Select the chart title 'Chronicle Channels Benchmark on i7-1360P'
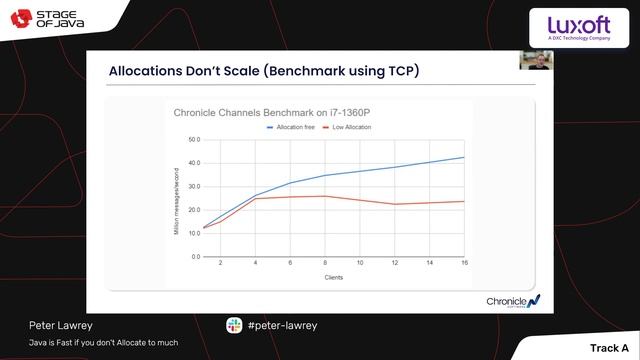pos(265,113)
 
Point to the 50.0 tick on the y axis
pos(195,140)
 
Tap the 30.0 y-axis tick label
pos(195,187)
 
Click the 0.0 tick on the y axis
pos(196,256)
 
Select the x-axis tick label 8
pos(324,263)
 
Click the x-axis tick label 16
pos(463,263)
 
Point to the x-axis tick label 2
pos(220,263)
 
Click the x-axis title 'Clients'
pos(334,277)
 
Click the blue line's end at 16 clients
pos(463,157)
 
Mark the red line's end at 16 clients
pos(463,201)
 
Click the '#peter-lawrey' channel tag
pos(282,325)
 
